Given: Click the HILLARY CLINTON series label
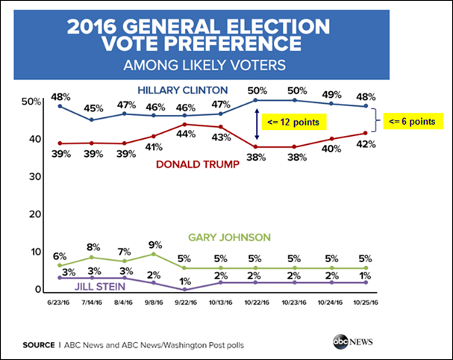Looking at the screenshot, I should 181,90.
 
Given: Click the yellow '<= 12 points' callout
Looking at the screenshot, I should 296,122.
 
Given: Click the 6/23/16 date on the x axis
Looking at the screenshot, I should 60,302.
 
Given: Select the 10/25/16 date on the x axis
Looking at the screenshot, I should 366,302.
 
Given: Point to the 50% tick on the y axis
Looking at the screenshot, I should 31,101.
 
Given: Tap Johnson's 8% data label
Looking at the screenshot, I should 93,246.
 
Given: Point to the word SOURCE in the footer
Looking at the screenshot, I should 37,345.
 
